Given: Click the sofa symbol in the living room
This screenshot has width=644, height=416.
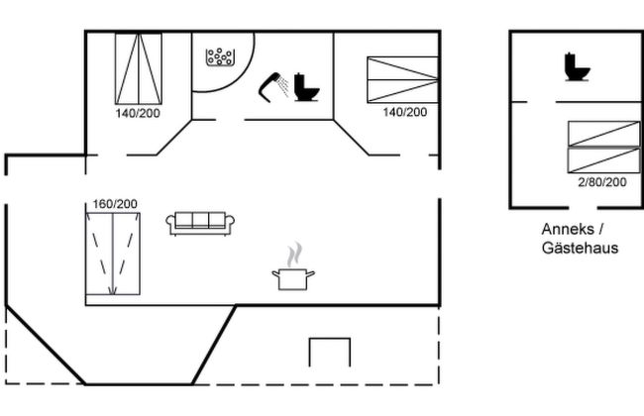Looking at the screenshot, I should pyautogui.click(x=200, y=224).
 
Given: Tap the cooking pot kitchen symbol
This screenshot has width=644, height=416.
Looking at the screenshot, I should pyautogui.click(x=292, y=278).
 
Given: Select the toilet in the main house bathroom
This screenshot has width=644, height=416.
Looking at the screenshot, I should pyautogui.click(x=306, y=88).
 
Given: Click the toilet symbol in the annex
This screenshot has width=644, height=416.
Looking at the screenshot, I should pyautogui.click(x=577, y=67).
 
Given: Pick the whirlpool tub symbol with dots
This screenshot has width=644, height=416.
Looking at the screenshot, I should pyautogui.click(x=219, y=58).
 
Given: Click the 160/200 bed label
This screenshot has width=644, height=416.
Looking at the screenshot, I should pyautogui.click(x=115, y=204).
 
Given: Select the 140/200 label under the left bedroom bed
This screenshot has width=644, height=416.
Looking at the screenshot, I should pyautogui.click(x=137, y=113).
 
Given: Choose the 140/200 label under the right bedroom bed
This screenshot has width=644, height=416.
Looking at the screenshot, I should pyautogui.click(x=404, y=112).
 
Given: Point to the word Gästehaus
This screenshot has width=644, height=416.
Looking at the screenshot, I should pyautogui.click(x=580, y=248).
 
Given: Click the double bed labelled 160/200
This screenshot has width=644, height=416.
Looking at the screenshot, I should pyautogui.click(x=113, y=254).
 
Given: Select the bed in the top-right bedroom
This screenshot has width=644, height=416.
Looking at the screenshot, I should pyautogui.click(x=402, y=79).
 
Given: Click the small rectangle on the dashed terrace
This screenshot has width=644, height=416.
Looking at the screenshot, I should pyautogui.click(x=330, y=353).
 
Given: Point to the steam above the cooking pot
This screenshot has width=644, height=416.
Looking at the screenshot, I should pyautogui.click(x=292, y=255).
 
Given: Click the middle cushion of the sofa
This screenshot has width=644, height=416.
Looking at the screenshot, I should pyautogui.click(x=200, y=221).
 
